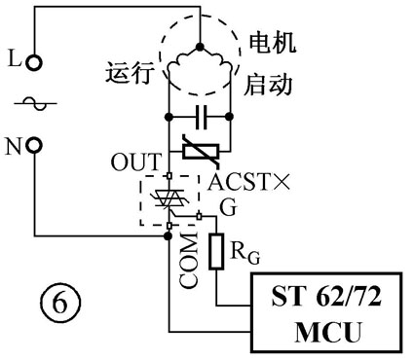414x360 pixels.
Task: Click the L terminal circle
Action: pyautogui.click(x=35, y=62)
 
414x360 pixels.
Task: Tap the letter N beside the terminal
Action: pyautogui.click(x=14, y=147)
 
